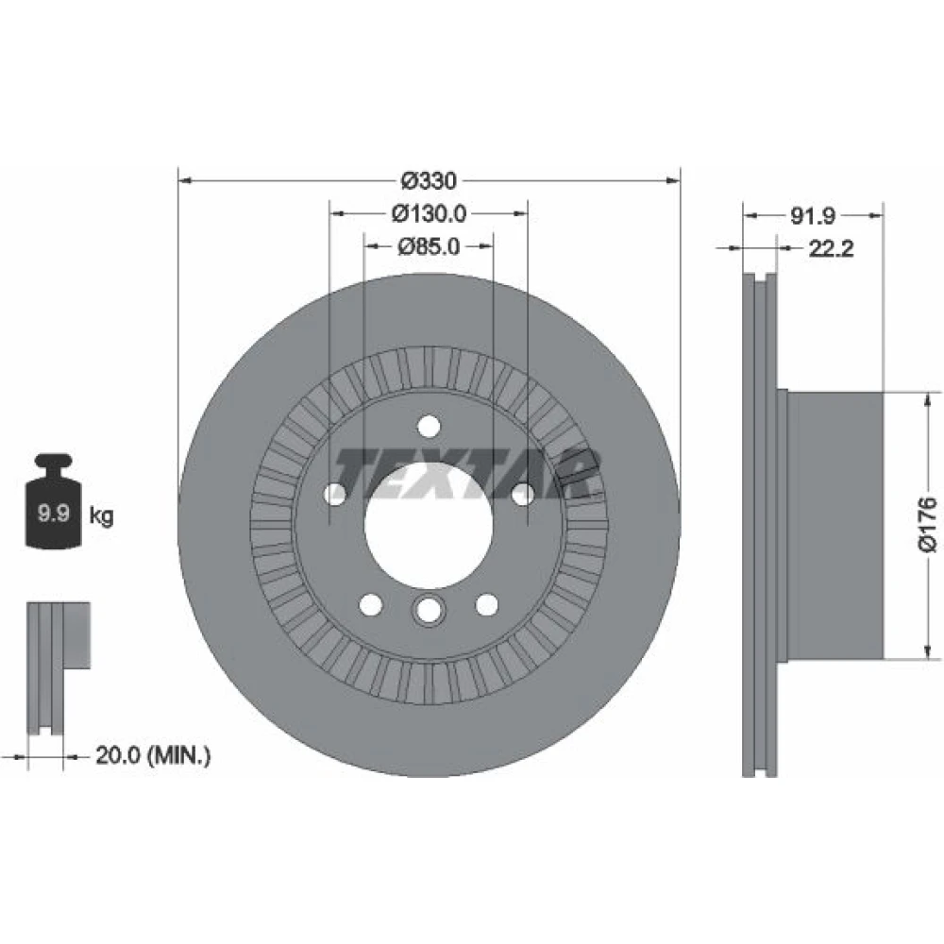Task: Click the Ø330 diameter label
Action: click(429, 180)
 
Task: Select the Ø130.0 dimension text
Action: click(429, 213)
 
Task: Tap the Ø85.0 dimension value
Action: click(429, 246)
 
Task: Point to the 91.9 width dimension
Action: click(812, 215)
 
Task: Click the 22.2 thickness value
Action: click(831, 248)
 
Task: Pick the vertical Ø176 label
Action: click(928, 524)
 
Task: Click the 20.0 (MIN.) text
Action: click(154, 755)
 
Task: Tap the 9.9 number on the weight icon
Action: click(54, 514)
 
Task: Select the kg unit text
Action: click(101, 516)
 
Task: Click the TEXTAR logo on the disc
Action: click(467, 474)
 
